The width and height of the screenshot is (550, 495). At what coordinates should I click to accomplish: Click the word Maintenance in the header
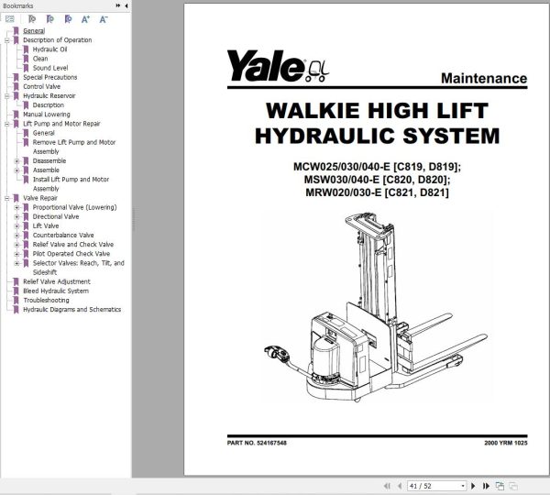483,79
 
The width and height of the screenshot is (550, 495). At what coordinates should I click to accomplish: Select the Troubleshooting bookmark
46,300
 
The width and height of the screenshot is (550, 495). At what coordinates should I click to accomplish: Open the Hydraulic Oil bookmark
49,49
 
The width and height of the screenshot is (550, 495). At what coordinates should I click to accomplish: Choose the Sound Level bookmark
50,68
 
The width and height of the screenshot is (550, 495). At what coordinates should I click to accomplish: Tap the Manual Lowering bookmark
46,115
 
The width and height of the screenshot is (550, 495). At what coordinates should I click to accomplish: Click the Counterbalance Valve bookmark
63,236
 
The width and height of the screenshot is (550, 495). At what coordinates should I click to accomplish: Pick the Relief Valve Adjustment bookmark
57,281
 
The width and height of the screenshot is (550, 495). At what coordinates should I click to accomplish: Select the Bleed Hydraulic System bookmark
56,291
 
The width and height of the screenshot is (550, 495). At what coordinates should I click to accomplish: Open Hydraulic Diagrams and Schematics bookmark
71,309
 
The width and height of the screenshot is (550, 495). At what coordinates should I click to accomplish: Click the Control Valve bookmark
41,86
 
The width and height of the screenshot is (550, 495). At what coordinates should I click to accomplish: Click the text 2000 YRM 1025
505,444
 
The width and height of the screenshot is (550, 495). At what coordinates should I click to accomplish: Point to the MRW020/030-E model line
376,192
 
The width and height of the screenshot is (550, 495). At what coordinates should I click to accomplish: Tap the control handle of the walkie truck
272,349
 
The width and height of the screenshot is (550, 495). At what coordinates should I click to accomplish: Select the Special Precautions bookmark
51,77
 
